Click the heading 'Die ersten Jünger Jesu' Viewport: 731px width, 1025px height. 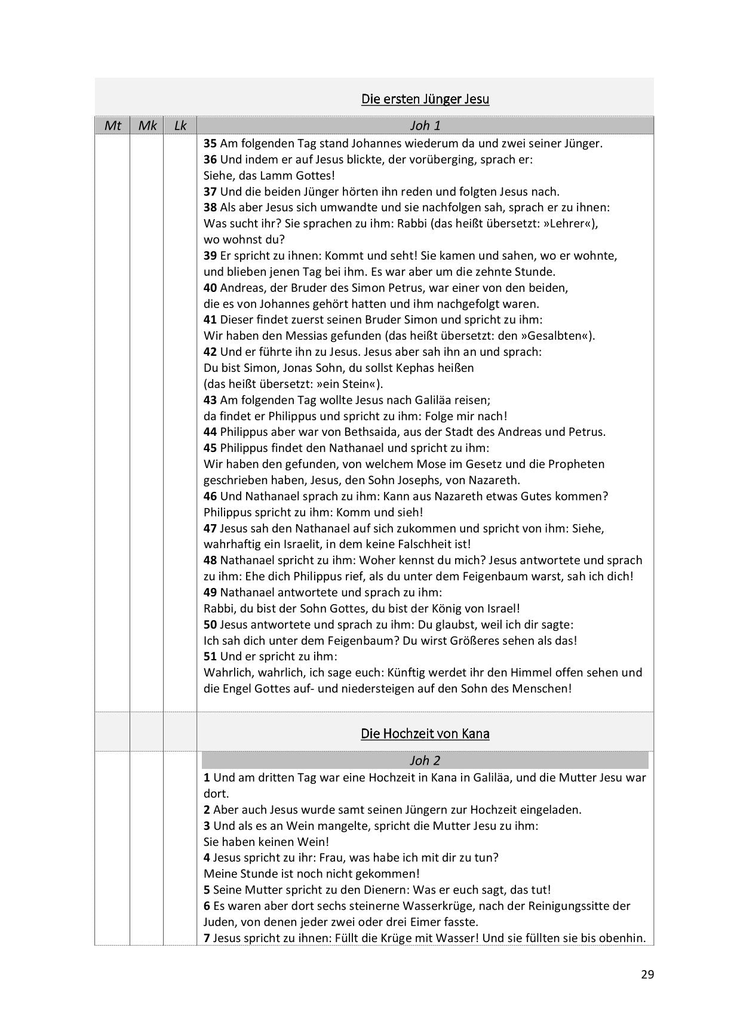point(425,99)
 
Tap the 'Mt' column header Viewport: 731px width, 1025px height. point(112,126)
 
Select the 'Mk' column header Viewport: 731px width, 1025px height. point(147,126)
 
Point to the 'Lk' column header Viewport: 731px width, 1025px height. point(180,126)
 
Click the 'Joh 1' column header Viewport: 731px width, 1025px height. point(425,126)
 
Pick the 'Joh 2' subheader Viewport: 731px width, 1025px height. point(425,761)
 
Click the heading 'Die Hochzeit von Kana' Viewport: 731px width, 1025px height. point(425,734)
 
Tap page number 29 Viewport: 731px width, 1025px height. point(647,975)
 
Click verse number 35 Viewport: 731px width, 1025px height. point(210,144)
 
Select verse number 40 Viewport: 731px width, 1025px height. point(210,288)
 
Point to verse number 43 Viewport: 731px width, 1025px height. point(210,400)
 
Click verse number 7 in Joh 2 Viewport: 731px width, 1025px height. point(207,938)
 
